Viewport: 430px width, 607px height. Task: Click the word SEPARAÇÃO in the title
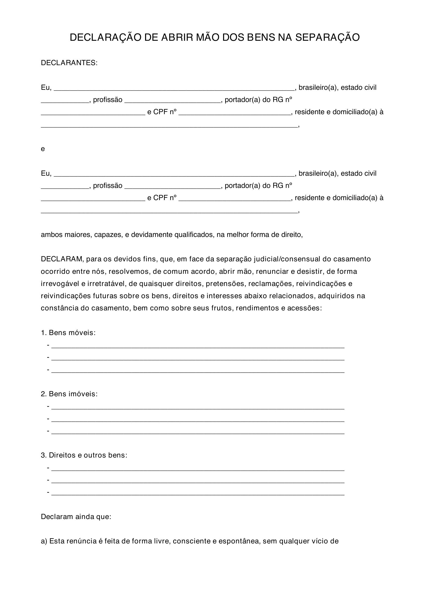click(x=328, y=38)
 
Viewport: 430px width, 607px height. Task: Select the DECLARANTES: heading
click(x=69, y=63)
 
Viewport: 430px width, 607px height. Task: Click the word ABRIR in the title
click(x=177, y=38)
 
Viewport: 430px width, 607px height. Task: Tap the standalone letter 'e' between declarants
click(x=43, y=149)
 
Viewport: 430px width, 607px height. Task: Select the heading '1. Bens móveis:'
click(x=68, y=333)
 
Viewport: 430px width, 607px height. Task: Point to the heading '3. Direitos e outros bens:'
click(x=84, y=455)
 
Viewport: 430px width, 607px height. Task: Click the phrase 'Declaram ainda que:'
click(x=76, y=517)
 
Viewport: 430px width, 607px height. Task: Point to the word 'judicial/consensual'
click(x=287, y=259)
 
